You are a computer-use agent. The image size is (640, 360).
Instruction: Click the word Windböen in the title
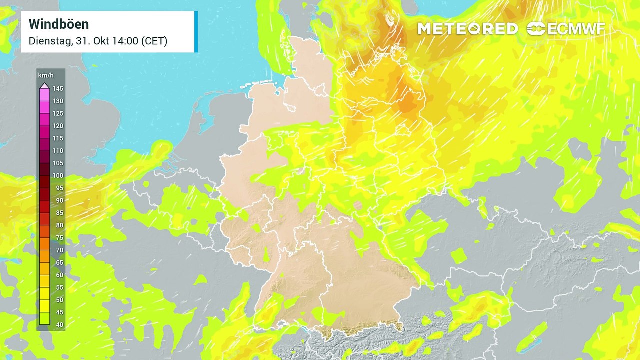pos(59,24)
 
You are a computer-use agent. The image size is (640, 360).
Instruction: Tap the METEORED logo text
pos(467,29)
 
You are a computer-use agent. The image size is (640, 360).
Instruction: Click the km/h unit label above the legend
pos(45,75)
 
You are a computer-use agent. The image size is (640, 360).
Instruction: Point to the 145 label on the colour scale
pos(58,89)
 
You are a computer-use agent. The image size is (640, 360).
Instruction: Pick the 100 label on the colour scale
pos(58,176)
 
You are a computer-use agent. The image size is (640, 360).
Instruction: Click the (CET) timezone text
pos(154,41)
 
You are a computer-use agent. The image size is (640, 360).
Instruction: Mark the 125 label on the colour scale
pos(58,114)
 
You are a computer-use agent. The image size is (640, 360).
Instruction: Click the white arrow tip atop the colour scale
pos(44,85)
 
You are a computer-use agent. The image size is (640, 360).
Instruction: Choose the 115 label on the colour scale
pos(58,138)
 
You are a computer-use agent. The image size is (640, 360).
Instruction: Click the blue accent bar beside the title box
pos(196,32)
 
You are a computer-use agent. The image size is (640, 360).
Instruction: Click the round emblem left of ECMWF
pos(536,29)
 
